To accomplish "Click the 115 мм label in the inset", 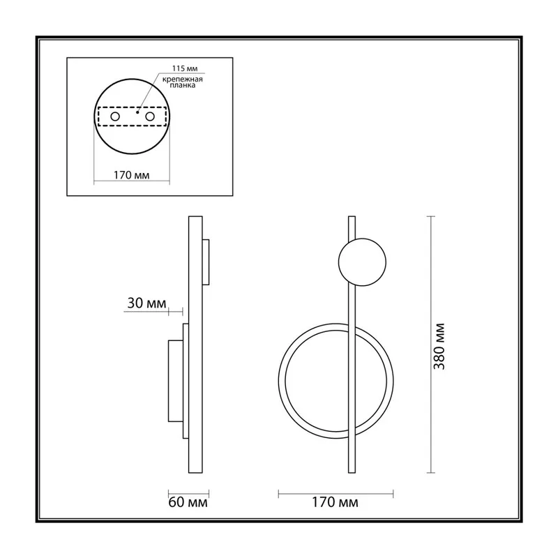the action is click(x=185, y=68).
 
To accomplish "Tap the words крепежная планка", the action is click(x=183, y=82).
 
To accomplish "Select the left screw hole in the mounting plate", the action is click(x=115, y=116).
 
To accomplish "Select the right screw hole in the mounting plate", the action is click(x=150, y=116).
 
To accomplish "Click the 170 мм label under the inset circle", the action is click(x=132, y=175).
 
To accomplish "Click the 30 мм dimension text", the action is click(x=146, y=303).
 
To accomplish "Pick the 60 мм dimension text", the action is click(x=188, y=502).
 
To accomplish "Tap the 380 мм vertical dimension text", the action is click(x=439, y=346).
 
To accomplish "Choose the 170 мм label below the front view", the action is click(x=335, y=502).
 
